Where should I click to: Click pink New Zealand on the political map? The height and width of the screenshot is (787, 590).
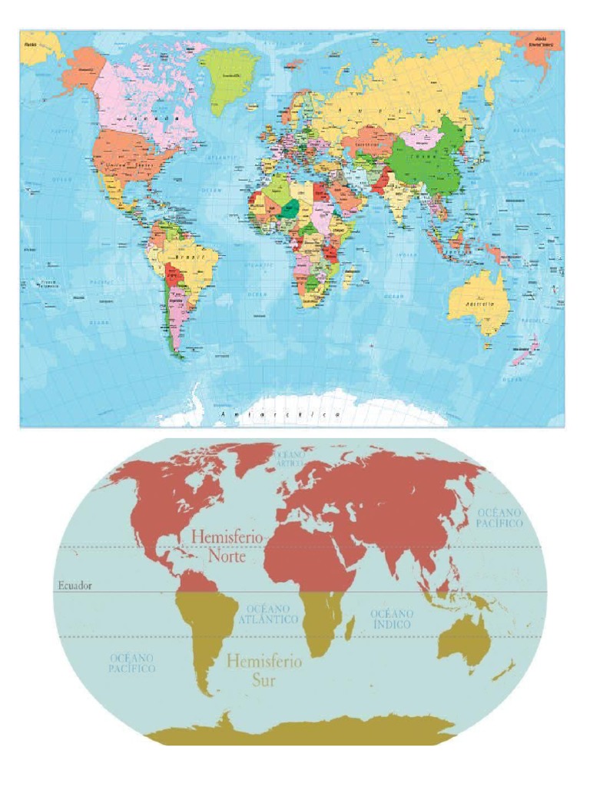point(523,356)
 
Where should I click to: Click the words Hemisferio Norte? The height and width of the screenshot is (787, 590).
point(225,544)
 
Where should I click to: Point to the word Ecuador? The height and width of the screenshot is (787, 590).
point(74,586)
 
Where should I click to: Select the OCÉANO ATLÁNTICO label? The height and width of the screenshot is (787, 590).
point(267,613)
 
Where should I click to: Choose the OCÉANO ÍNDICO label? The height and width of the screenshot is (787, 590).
point(392,619)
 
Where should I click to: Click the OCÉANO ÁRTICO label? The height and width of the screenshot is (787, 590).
point(290,458)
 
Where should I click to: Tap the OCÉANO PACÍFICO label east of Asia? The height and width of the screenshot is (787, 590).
point(500,517)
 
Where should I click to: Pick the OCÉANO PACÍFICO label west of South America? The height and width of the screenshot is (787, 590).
point(132,663)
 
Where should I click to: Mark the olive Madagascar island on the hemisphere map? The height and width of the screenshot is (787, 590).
point(350,628)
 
